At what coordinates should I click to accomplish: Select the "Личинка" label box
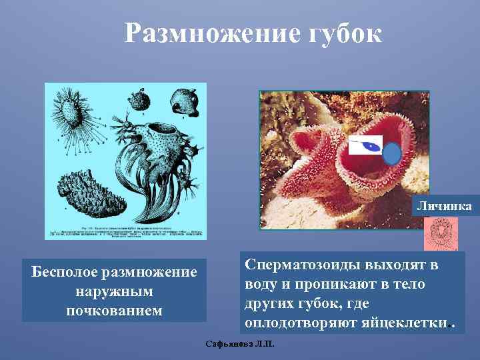(x=444, y=207)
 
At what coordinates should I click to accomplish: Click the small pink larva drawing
(x=441, y=235)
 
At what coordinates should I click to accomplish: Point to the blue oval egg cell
(x=393, y=154)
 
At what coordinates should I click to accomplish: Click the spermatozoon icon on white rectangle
(x=366, y=145)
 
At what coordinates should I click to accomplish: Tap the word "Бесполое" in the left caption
(x=67, y=273)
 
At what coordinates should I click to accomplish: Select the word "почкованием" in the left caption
(x=114, y=310)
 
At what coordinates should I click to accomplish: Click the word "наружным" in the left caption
(x=114, y=291)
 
